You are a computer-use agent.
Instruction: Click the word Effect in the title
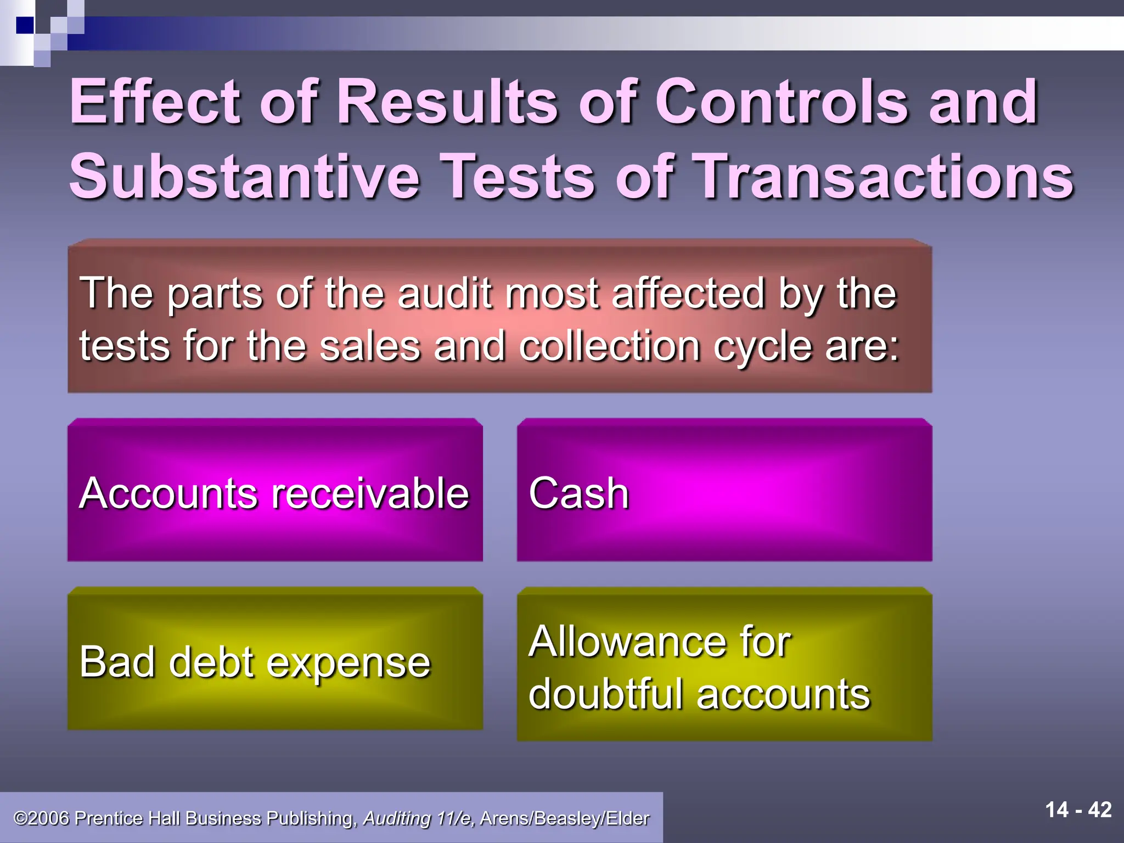(x=155, y=102)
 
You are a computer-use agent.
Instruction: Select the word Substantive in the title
(x=244, y=177)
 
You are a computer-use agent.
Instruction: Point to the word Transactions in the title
(x=884, y=177)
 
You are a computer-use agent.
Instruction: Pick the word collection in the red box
(x=609, y=347)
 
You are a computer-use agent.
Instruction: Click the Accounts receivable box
(x=274, y=492)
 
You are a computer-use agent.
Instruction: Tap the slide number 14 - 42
(x=1078, y=810)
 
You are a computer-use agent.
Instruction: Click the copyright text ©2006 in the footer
(x=42, y=818)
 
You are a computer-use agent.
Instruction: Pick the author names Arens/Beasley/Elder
(x=564, y=818)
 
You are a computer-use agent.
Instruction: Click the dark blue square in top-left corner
(x=25, y=25)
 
